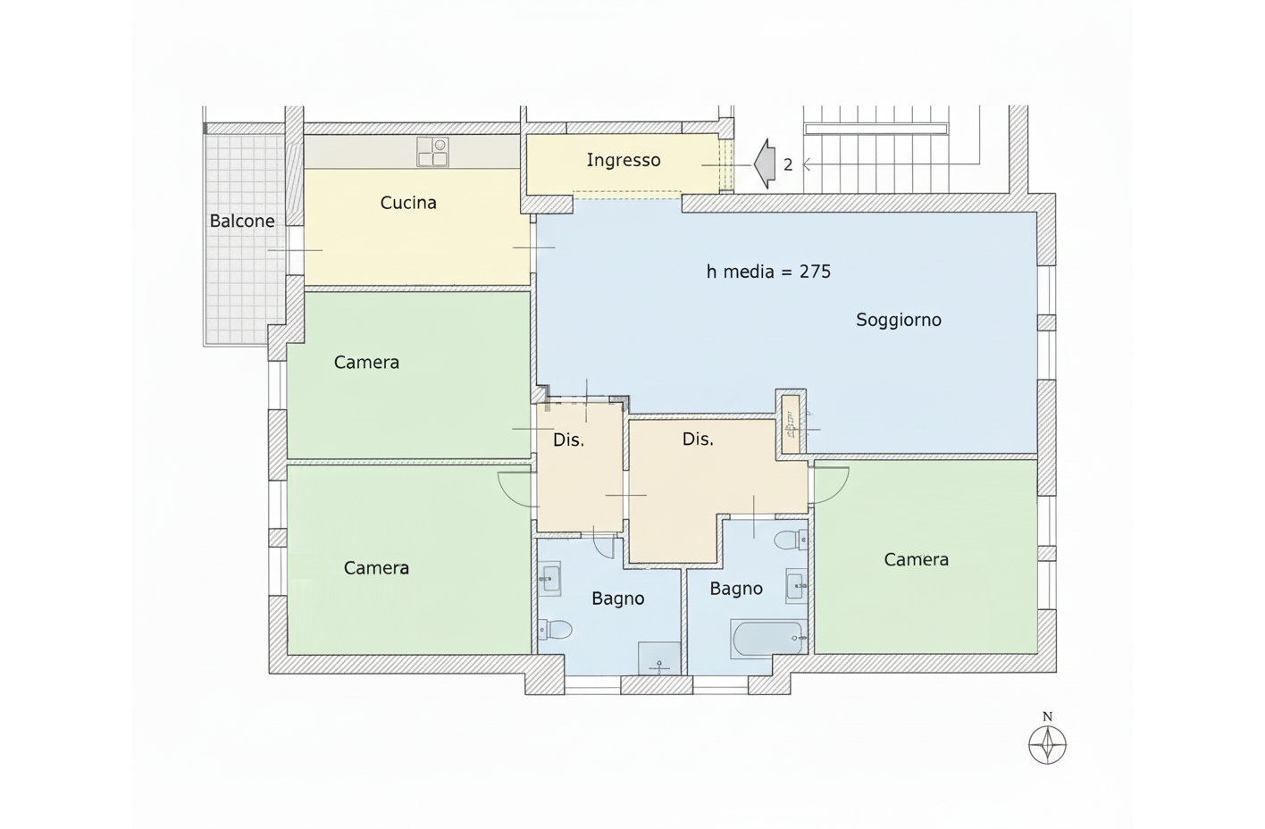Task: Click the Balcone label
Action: (x=242, y=221)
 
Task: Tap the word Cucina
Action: (x=408, y=203)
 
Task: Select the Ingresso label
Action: (x=624, y=161)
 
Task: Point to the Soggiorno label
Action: (x=899, y=320)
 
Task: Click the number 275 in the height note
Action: (x=815, y=272)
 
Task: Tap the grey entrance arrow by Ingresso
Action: (x=764, y=163)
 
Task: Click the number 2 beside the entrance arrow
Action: (x=788, y=165)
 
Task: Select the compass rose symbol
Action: (x=1048, y=745)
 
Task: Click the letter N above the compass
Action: (x=1048, y=716)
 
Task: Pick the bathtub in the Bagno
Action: (x=768, y=638)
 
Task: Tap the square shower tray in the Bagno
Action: (x=659, y=657)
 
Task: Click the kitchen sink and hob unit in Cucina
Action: (x=432, y=152)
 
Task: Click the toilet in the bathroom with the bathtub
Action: (x=790, y=540)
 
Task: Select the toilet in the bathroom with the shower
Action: (x=555, y=628)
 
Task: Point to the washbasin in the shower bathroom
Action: (x=549, y=579)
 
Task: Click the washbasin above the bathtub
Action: (x=796, y=586)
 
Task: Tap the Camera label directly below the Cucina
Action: (x=366, y=363)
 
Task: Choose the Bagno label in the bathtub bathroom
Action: (x=736, y=589)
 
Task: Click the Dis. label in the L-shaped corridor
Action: (x=698, y=440)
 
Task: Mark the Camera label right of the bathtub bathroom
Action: (x=916, y=559)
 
